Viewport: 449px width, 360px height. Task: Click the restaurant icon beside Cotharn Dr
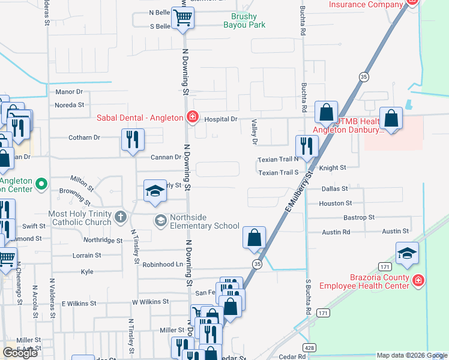click(x=133, y=140)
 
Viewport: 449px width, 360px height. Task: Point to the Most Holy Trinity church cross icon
click(x=121, y=217)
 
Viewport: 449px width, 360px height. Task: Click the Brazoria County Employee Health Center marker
click(x=418, y=280)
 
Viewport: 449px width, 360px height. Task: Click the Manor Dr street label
click(x=68, y=92)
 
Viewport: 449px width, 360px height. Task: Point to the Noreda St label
click(x=69, y=105)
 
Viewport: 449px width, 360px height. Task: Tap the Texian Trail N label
click(x=278, y=160)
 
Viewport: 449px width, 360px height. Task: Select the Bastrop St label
click(x=359, y=217)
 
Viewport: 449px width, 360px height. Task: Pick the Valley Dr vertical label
click(x=254, y=132)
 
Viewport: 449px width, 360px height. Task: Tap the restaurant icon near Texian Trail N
click(x=307, y=146)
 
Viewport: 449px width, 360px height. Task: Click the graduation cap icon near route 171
click(x=406, y=253)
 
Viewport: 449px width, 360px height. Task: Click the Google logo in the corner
click(x=20, y=352)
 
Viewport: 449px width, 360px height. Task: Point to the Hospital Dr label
click(x=221, y=119)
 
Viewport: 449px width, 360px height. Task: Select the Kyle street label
click(x=87, y=272)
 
